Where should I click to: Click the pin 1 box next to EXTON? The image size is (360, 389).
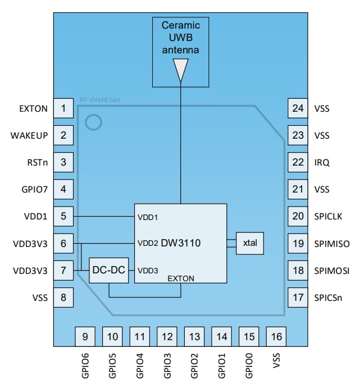[x=63, y=108]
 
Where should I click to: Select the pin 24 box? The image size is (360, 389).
[x=298, y=108]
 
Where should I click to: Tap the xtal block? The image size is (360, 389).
[x=249, y=243]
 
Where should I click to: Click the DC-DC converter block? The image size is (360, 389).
[x=108, y=270]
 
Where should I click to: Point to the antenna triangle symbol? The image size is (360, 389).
[x=180, y=70]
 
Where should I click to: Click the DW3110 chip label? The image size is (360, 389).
[x=180, y=243]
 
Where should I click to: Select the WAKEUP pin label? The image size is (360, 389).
[x=29, y=135]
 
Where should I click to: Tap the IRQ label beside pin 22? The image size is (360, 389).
[x=323, y=162]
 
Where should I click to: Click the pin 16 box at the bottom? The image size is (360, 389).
[x=276, y=337]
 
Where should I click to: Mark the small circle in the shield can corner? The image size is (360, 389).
[x=93, y=122]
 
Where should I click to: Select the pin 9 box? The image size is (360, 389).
[x=85, y=337]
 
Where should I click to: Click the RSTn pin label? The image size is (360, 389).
[x=35, y=162]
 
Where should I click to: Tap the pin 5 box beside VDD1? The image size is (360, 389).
[x=63, y=216]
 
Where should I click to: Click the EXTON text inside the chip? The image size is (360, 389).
[x=180, y=278]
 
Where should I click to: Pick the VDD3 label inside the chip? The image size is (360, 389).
[x=148, y=270]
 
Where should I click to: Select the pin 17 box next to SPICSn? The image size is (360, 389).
[x=298, y=297]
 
